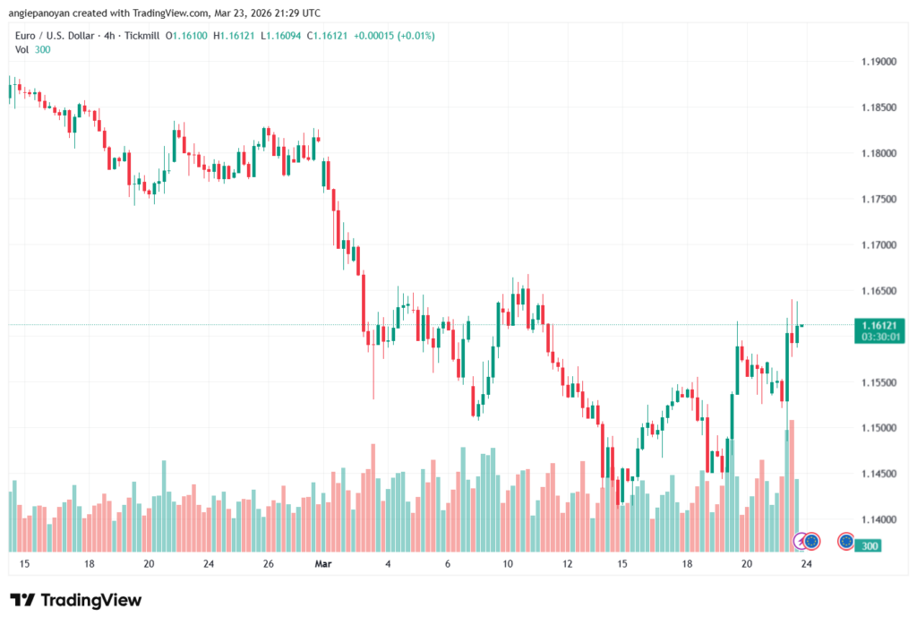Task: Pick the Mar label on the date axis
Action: (322, 564)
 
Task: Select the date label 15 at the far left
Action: (24, 564)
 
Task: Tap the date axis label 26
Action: (268, 564)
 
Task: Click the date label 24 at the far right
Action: (806, 564)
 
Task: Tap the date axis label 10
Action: (507, 564)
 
